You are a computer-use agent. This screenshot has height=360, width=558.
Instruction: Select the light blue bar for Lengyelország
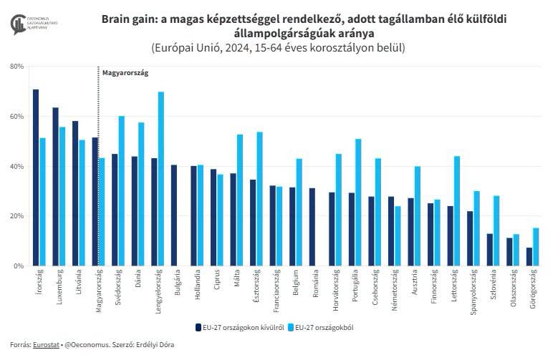coord(161,179)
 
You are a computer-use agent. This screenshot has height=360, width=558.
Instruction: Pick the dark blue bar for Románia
coord(312,227)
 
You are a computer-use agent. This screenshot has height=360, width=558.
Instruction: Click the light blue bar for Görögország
coord(536,247)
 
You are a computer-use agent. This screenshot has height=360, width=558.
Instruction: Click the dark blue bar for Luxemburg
coord(55,187)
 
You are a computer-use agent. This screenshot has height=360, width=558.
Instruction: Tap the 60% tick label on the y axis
coord(16,117)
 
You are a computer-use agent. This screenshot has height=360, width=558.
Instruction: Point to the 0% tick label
coord(19,266)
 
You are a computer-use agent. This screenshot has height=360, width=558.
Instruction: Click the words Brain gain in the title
coord(132,19)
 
